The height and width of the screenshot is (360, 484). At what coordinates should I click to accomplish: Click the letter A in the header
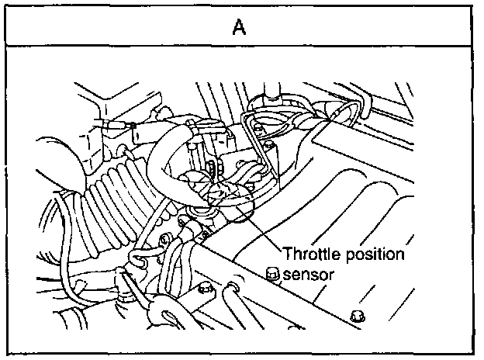[240, 28]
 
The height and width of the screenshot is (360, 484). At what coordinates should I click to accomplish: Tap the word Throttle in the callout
[308, 254]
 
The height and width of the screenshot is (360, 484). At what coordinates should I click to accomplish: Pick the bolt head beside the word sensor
[271, 272]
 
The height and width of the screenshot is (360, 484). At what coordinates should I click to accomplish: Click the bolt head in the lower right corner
[357, 316]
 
